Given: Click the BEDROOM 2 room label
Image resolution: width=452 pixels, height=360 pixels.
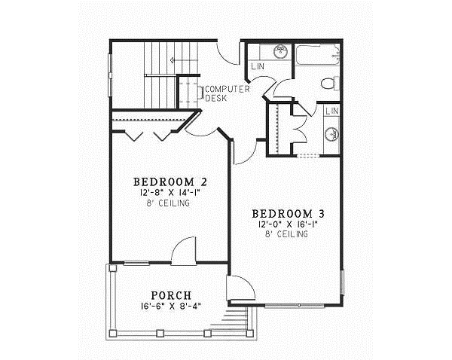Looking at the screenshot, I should click(170, 182).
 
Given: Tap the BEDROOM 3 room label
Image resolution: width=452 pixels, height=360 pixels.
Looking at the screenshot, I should click(289, 213).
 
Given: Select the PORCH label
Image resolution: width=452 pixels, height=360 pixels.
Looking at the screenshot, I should click(170, 294).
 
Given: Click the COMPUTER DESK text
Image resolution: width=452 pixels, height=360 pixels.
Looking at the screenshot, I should click(227, 93).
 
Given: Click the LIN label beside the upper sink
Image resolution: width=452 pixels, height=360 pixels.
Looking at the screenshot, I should click(258, 67).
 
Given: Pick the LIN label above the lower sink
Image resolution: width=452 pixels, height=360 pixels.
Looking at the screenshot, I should click(331, 111).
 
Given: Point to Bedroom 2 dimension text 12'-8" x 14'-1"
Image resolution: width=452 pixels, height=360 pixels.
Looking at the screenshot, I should click(170, 193).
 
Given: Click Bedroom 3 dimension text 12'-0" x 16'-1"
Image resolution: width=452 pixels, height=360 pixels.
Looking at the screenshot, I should click(289, 224).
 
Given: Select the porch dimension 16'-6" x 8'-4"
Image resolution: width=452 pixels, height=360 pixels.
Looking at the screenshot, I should click(170, 306).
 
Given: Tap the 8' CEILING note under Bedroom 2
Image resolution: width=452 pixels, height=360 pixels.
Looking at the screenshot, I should click(170, 203).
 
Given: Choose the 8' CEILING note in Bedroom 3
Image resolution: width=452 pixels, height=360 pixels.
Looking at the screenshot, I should click(289, 235).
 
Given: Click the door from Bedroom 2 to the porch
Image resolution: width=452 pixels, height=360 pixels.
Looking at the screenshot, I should click(183, 252).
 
